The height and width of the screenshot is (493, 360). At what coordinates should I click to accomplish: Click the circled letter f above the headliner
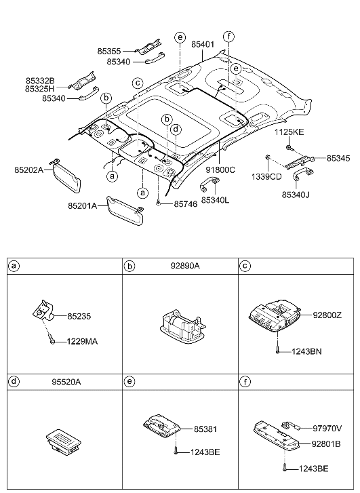coord(228,36)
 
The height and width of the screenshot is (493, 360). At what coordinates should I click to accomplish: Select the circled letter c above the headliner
coord(137,83)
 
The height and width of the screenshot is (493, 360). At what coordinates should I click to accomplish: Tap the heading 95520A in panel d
coord(66,382)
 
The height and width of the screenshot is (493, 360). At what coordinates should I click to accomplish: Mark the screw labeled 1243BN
coord(278,351)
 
